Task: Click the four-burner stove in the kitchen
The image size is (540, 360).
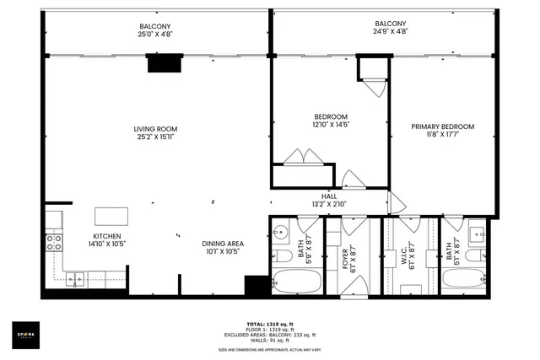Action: [x=53, y=242]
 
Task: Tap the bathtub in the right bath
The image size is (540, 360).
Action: [x=465, y=279]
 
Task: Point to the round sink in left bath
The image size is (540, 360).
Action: [x=282, y=229]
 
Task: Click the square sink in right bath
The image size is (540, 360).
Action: [x=478, y=230]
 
